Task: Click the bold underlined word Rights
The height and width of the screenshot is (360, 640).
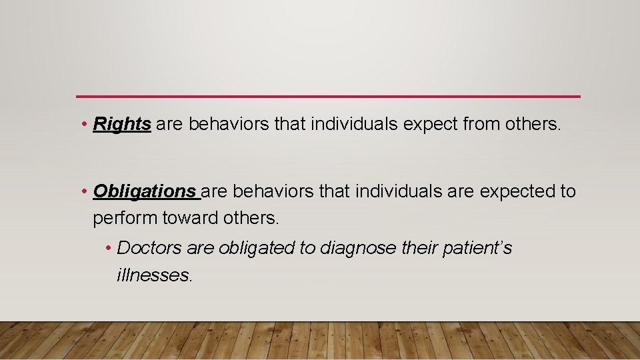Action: click(x=122, y=124)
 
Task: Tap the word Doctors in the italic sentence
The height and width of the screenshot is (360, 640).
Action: click(x=149, y=248)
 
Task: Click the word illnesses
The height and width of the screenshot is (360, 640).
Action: click(x=154, y=275)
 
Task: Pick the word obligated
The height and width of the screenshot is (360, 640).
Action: click(x=255, y=248)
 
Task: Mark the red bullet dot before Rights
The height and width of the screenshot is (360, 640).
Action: click(x=85, y=125)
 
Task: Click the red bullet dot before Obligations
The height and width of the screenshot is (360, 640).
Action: click(x=85, y=192)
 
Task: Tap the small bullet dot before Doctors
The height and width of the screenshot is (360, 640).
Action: click(x=109, y=249)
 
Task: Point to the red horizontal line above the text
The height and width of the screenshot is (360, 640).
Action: click(x=328, y=97)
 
